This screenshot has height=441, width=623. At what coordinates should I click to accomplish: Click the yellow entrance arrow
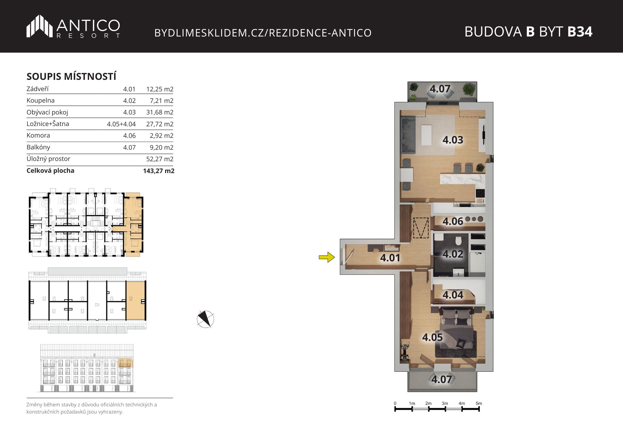[327, 257]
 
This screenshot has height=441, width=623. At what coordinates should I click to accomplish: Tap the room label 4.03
[453, 140]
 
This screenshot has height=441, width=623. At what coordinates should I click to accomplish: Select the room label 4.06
[453, 221]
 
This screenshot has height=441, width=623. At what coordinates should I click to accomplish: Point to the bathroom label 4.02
[453, 254]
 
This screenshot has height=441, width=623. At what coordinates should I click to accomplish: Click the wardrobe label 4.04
[453, 295]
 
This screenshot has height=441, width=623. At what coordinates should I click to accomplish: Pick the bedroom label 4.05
[432, 337]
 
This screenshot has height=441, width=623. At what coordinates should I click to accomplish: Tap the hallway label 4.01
[390, 258]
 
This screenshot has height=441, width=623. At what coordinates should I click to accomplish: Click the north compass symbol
[206, 319]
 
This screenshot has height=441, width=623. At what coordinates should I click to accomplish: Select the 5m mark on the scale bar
[479, 403]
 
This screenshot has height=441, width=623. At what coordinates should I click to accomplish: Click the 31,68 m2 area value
[160, 112]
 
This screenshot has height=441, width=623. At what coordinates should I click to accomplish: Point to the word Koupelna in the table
[40, 100]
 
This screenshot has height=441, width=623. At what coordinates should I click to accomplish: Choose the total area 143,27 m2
[159, 171]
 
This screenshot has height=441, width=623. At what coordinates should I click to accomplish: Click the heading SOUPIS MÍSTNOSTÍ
[71, 76]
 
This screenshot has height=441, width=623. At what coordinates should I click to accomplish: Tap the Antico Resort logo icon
[40, 26]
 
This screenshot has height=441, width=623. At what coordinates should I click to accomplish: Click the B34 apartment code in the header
[580, 32]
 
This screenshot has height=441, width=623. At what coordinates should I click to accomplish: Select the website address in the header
[263, 33]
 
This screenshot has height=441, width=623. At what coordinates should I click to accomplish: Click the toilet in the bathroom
[458, 241]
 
